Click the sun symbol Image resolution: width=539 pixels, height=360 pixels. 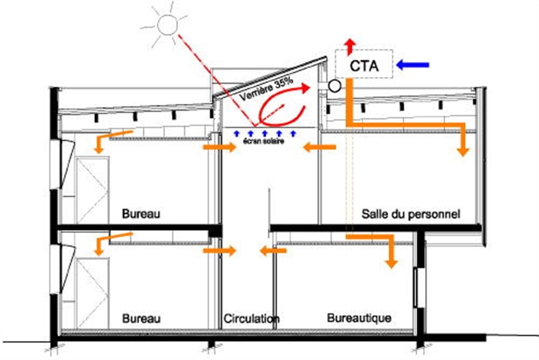[x=167, y=24]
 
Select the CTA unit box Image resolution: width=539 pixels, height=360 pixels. [x=364, y=65]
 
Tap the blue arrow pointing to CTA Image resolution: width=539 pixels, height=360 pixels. [x=413, y=65]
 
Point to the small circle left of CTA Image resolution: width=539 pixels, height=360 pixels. [x=334, y=85]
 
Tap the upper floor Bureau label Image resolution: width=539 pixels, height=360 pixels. [x=141, y=214]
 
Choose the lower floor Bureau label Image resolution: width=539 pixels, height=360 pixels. [x=141, y=319]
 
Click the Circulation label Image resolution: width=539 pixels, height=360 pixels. [x=252, y=319]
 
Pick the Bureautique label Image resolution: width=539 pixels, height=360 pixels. [x=359, y=318]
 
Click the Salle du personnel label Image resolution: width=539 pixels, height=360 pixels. [x=411, y=214]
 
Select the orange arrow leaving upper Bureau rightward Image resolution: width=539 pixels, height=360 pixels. [x=219, y=147]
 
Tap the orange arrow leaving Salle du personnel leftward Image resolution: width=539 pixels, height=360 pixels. [x=319, y=147]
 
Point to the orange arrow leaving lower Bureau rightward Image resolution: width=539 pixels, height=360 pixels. [x=219, y=251]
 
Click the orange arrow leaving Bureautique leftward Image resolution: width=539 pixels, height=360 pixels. [x=273, y=251]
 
